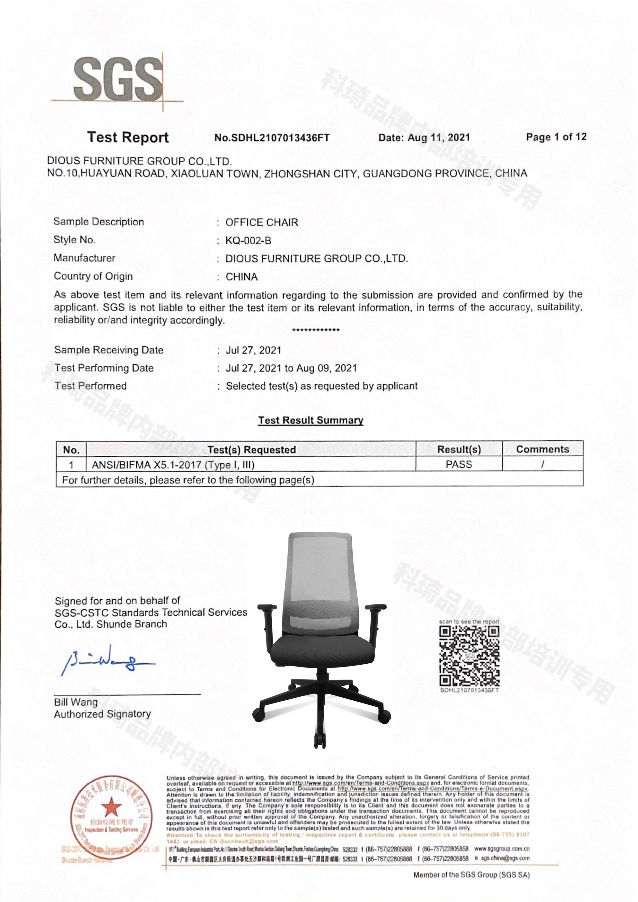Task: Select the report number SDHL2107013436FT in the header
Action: coord(272,138)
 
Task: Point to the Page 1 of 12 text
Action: coord(556,137)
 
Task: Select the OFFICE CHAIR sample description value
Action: coord(262,222)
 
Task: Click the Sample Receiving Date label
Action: coord(109,350)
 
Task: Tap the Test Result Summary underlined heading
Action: coord(311,420)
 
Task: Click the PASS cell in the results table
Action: coord(459,464)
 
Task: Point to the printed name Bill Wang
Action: coord(76,702)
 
